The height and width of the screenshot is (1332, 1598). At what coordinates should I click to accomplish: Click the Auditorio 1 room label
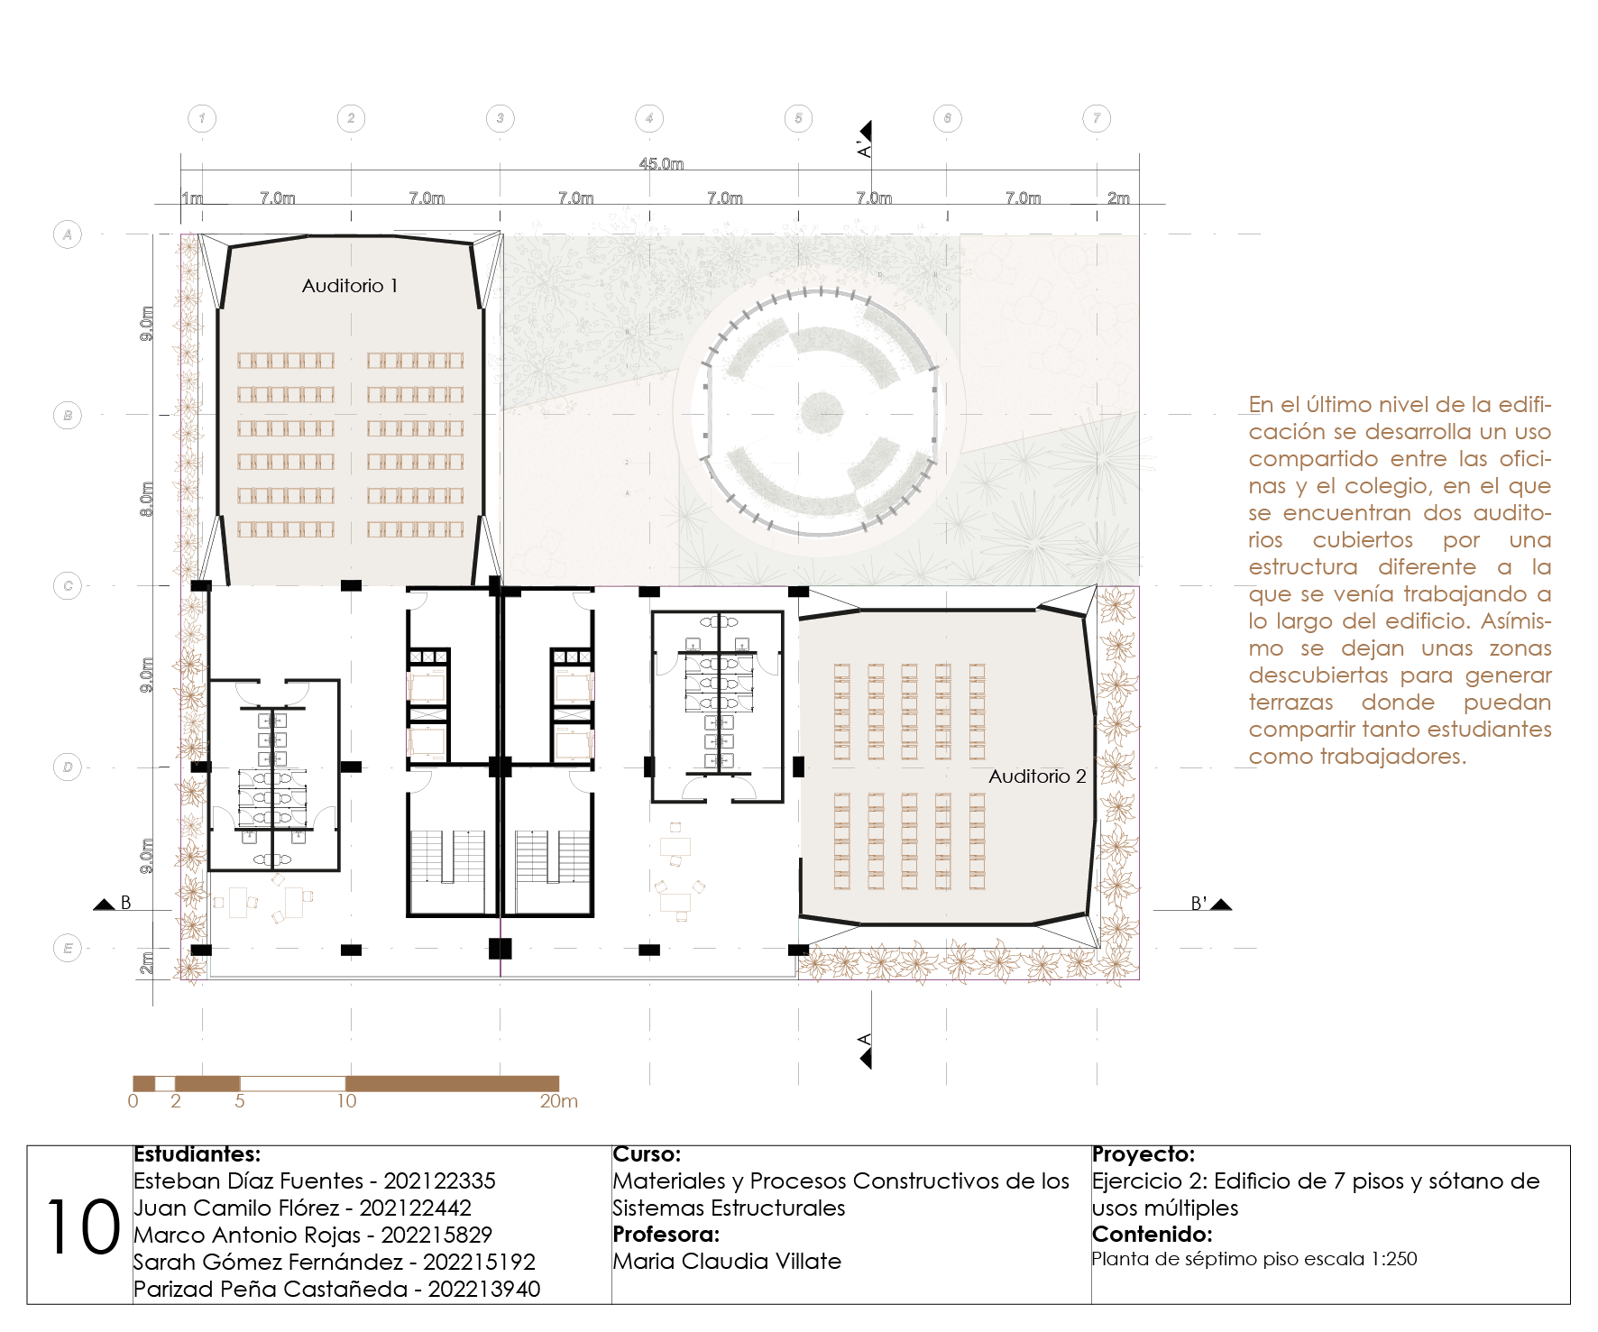pyautogui.click(x=350, y=286)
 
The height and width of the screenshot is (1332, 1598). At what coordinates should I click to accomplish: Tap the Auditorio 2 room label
pyautogui.click(x=1037, y=776)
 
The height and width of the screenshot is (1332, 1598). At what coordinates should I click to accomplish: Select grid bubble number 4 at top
pyautogui.click(x=649, y=118)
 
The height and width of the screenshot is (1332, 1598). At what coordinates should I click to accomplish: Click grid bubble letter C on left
pyautogui.click(x=68, y=586)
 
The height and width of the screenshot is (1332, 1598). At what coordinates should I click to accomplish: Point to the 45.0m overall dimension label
pyautogui.click(x=661, y=164)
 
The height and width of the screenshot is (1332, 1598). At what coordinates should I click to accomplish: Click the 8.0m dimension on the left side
pyautogui.click(x=147, y=500)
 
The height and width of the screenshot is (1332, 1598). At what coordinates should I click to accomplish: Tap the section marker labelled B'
pyautogui.click(x=1210, y=904)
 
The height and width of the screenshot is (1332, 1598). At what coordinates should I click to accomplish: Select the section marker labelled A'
pyautogui.click(x=866, y=139)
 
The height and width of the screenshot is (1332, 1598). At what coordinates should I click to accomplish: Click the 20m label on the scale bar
pyautogui.click(x=559, y=1101)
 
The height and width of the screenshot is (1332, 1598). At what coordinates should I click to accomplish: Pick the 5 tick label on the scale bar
pyautogui.click(x=240, y=1101)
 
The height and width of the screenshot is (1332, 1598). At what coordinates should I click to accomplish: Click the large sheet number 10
pyautogui.click(x=83, y=1227)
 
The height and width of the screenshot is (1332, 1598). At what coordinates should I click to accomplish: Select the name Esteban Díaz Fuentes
pyautogui.click(x=249, y=1181)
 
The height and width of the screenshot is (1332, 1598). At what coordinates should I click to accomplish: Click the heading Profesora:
pyautogui.click(x=666, y=1235)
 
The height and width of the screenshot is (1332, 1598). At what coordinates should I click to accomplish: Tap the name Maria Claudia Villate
pyautogui.click(x=727, y=1262)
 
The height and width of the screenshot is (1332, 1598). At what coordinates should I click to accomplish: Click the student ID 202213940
pyautogui.click(x=484, y=1290)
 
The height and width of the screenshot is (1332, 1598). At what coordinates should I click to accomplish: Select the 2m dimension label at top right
pyautogui.click(x=1118, y=198)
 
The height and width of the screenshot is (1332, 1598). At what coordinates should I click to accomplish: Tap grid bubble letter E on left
pyautogui.click(x=68, y=948)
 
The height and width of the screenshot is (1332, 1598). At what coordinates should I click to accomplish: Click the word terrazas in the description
pyautogui.click(x=1290, y=703)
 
